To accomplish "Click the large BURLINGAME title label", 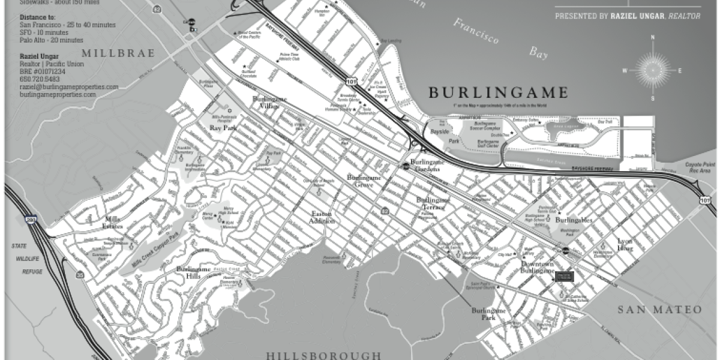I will coord(497,92).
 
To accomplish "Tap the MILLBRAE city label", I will coord(118,53).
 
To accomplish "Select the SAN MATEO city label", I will coord(660,310).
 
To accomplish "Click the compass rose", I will coord(652,70).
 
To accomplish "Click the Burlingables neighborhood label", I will coord(573,220).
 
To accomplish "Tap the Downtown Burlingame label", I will coord(536,268).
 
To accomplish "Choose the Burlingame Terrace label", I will coord(433,203).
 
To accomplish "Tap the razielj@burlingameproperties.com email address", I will coord(68,87).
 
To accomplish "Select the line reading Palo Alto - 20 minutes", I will coord(51,40).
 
